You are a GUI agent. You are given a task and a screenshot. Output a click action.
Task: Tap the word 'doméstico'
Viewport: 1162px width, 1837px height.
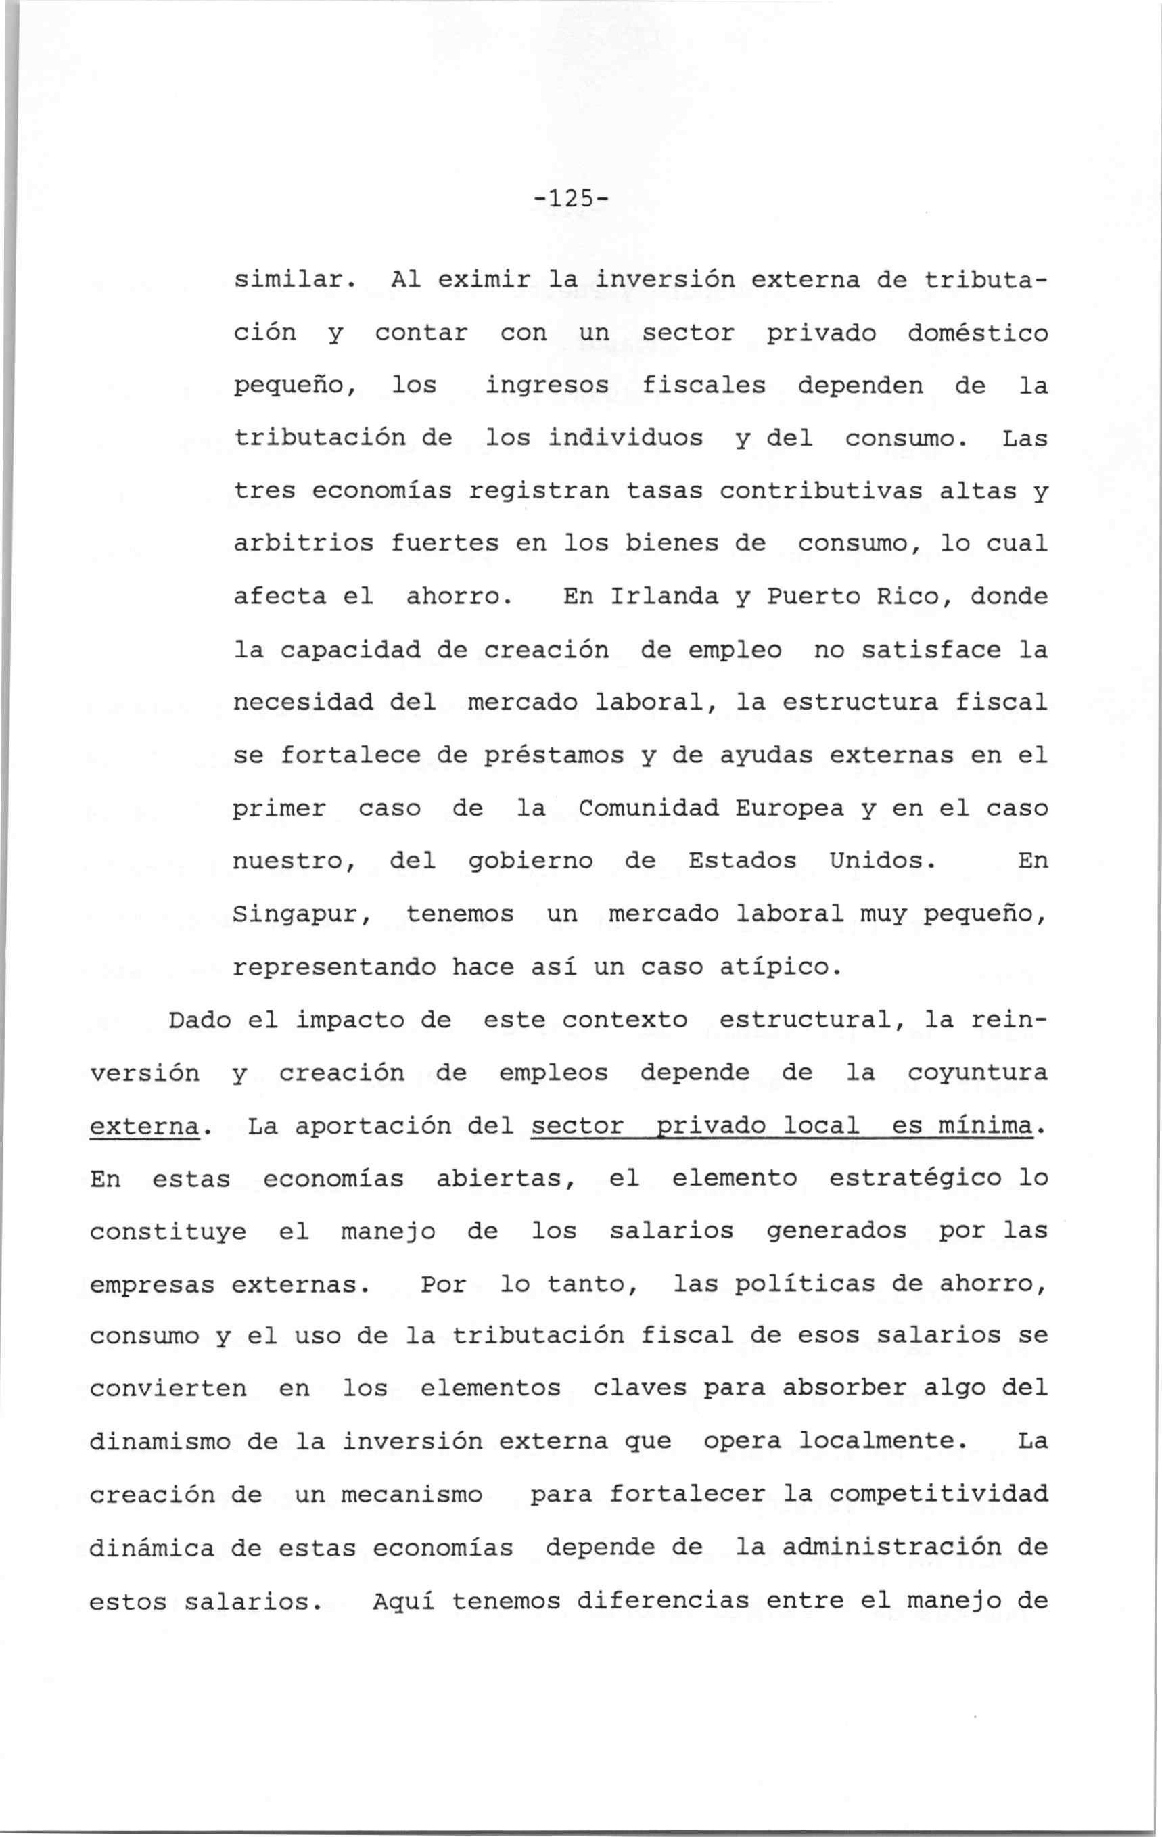point(977,334)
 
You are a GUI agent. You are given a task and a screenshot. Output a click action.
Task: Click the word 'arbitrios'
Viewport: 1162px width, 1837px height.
point(303,544)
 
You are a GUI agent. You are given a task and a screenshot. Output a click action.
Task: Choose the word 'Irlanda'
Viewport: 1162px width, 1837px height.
point(664,597)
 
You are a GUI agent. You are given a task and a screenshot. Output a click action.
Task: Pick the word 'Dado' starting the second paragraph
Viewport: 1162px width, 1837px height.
point(199,1020)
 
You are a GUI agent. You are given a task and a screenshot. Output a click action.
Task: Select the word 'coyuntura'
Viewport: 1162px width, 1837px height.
point(977,1073)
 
